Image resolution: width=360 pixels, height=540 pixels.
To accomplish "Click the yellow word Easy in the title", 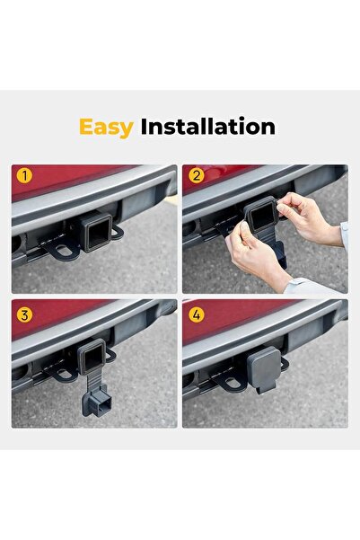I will [x=106, y=127].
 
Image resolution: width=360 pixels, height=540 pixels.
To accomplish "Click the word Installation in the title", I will [x=207, y=127].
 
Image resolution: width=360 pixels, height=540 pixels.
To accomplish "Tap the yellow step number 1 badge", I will [x=25, y=176].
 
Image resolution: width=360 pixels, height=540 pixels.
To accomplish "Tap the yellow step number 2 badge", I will [x=196, y=176].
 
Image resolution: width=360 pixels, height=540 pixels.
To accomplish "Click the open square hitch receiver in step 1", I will [x=97, y=234].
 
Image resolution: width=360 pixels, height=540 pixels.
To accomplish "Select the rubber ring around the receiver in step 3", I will [x=95, y=359].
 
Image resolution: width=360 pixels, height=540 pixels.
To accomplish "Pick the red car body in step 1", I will [x=72, y=180].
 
